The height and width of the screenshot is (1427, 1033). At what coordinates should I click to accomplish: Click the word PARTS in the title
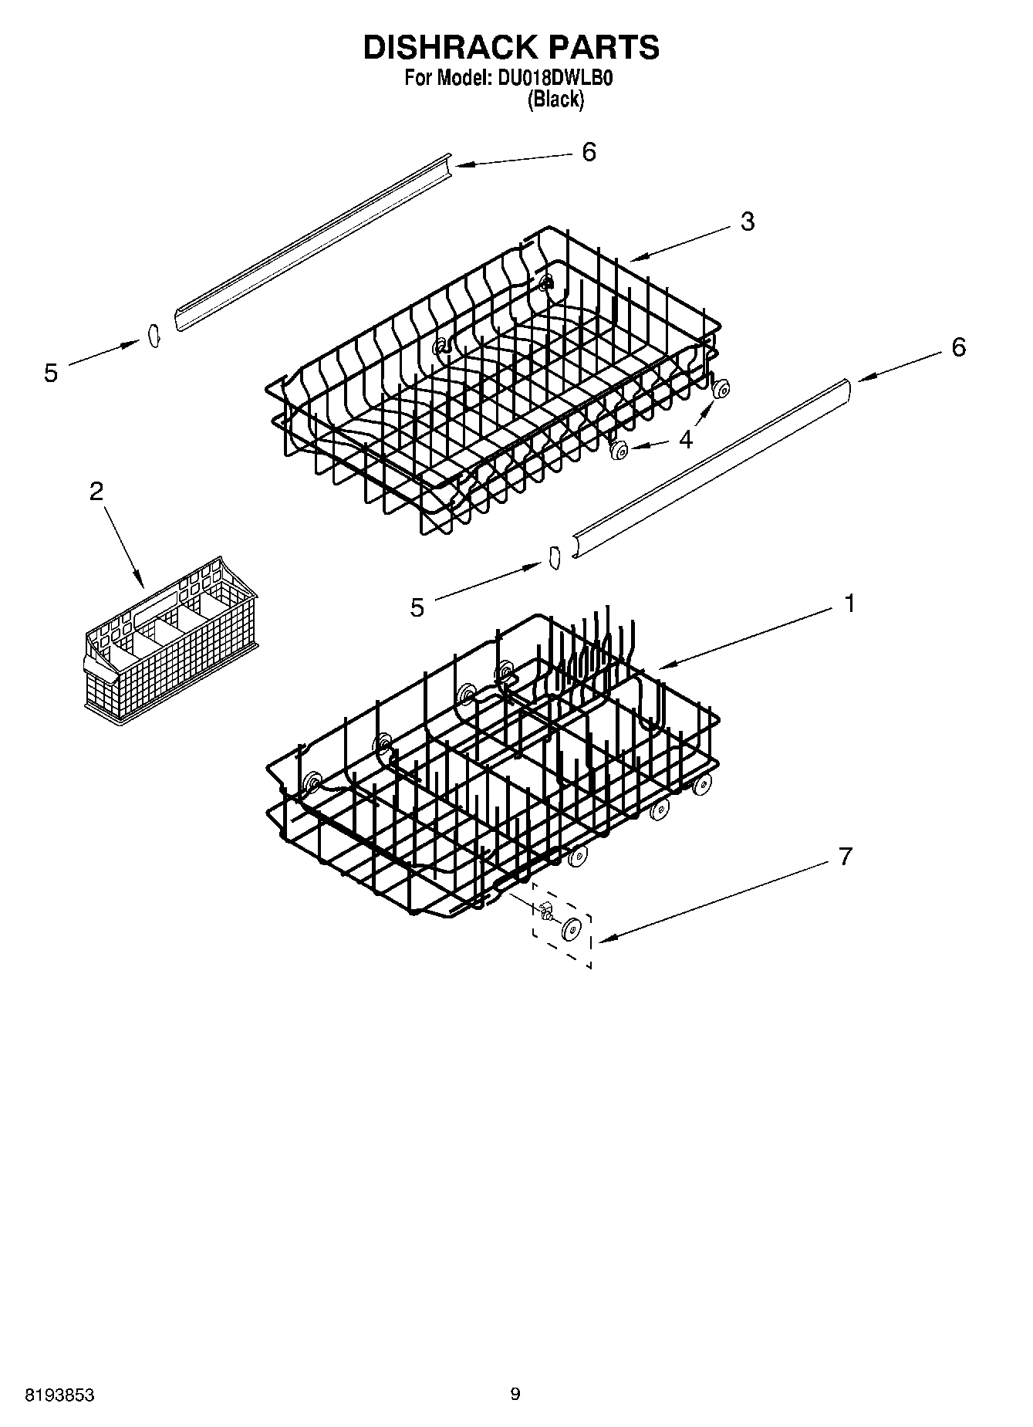point(604,48)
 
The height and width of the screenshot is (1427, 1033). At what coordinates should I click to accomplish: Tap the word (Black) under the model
point(555,100)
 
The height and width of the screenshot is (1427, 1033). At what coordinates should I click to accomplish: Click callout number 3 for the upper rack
point(747,221)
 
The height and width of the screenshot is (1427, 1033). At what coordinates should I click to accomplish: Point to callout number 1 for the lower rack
point(849,604)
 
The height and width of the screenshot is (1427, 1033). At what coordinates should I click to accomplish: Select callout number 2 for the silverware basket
point(96,491)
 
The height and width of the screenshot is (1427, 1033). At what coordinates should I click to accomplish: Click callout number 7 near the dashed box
point(846,856)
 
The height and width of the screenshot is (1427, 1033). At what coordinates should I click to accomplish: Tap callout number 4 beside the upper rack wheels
point(686,439)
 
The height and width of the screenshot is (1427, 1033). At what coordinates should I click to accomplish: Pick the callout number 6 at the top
point(589,152)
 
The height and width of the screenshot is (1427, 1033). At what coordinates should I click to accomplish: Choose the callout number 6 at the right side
point(957,347)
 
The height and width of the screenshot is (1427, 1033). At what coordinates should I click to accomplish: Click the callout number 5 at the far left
point(51,374)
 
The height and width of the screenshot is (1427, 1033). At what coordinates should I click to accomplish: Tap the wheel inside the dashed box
point(571,930)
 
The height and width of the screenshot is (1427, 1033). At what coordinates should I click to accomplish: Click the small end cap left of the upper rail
point(153,336)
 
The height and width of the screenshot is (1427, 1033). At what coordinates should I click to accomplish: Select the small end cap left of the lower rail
point(552,557)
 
